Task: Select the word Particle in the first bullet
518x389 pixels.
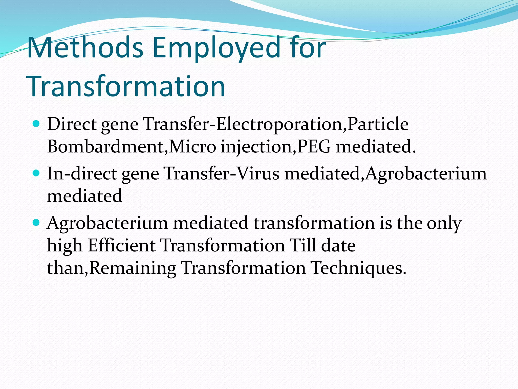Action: pyautogui.click(x=378, y=124)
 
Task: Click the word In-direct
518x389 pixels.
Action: pyautogui.click(x=82, y=174)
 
